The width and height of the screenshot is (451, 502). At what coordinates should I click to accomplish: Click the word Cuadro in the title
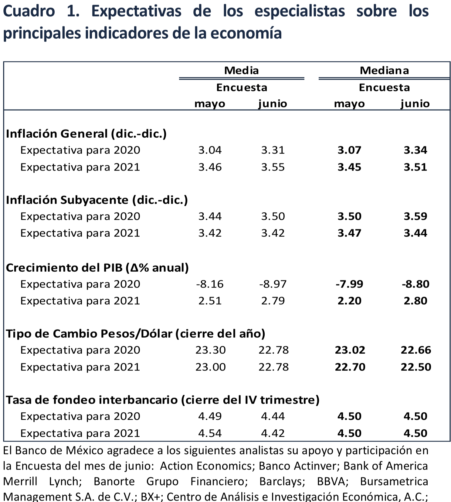tap(29, 12)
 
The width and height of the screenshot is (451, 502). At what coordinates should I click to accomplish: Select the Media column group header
tap(241, 70)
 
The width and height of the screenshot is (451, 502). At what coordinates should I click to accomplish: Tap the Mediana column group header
tap(384, 70)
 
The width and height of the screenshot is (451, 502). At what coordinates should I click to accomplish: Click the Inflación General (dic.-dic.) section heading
tap(86, 134)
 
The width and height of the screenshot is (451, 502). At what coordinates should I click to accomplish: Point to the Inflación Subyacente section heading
tap(97, 200)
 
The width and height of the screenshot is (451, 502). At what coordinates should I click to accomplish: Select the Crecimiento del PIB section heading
tap(97, 268)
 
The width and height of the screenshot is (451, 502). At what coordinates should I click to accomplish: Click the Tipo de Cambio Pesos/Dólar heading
tap(135, 334)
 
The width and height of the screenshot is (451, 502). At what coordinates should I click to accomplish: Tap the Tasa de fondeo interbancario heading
tap(163, 400)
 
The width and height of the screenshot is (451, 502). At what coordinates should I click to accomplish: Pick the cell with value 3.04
tap(210, 150)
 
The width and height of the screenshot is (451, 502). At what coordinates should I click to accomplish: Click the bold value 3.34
tap(415, 150)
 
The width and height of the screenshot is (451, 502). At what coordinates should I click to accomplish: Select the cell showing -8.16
tap(210, 284)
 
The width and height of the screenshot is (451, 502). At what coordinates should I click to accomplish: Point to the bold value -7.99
tap(349, 284)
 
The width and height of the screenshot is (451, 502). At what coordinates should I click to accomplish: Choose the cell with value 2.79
tap(273, 301)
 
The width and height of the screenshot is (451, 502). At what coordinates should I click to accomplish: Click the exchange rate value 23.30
tap(210, 350)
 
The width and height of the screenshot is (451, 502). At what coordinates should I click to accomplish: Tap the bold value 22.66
tap(416, 350)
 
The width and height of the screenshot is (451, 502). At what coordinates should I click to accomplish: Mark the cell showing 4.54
tap(210, 433)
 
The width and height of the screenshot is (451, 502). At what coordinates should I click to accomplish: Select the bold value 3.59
tap(415, 216)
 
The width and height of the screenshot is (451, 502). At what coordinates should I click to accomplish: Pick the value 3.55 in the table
tap(273, 167)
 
